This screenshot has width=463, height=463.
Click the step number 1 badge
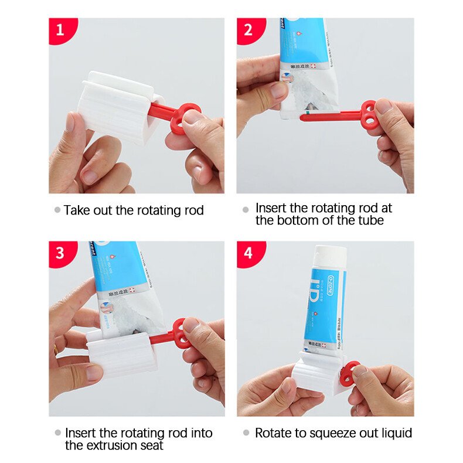[59, 29]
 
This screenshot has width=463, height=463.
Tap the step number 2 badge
[248, 29]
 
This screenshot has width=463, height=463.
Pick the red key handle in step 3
[179, 334]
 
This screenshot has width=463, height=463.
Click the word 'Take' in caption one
[77, 210]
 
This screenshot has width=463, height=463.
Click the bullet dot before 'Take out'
[57, 210]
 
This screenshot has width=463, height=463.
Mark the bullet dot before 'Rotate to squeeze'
[246, 433]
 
